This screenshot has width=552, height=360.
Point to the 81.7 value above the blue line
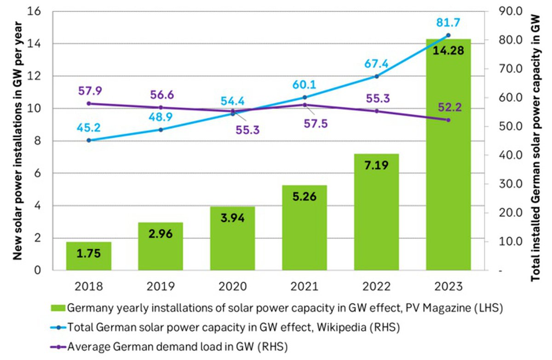(x=448, y=22)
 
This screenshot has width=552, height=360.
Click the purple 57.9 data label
(x=89, y=91)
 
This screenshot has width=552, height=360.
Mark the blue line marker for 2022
(x=377, y=76)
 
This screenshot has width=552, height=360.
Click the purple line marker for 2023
(x=448, y=120)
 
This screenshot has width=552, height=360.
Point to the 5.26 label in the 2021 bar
(x=305, y=197)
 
